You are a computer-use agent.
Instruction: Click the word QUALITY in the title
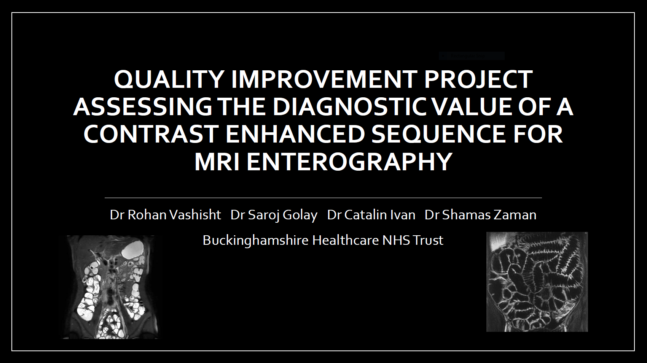click(169, 79)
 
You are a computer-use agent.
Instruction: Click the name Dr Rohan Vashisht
click(165, 215)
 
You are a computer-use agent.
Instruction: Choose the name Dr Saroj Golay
click(274, 215)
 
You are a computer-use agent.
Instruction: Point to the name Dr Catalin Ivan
click(371, 215)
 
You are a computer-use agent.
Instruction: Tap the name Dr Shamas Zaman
click(480, 215)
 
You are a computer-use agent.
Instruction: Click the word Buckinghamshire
click(256, 240)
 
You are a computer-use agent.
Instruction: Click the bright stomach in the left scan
click(132, 249)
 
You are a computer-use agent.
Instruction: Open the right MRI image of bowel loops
click(537, 282)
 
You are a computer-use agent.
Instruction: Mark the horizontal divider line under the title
click(323, 198)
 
